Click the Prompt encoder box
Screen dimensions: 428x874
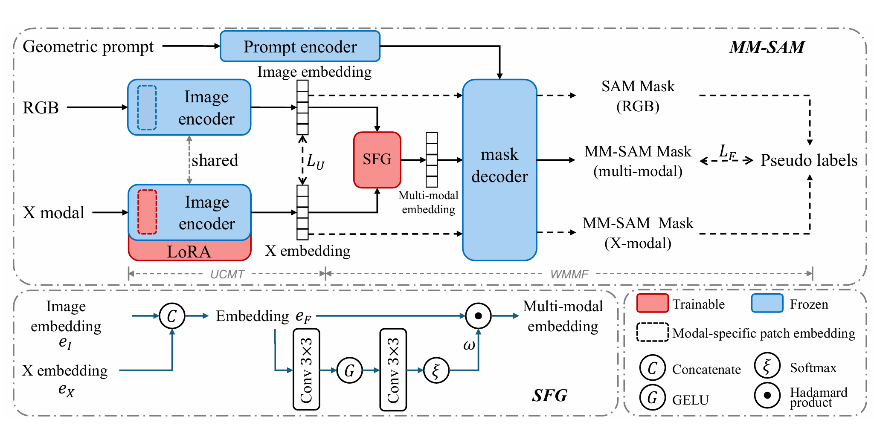point(300,46)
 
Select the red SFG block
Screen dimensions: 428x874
point(377,159)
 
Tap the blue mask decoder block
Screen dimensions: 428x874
point(499,169)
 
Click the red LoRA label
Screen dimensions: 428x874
point(189,252)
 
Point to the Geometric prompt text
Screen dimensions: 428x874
point(88,46)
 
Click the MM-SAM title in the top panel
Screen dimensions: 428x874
point(767,47)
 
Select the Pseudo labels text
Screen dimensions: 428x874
point(809,160)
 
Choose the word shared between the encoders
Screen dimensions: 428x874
point(215,160)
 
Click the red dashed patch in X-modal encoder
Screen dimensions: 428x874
point(147,212)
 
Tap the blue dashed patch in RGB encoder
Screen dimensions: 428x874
point(147,107)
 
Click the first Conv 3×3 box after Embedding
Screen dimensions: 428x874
point(306,369)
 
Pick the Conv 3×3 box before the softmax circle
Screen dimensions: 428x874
point(393,369)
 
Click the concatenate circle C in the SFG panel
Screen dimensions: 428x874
point(172,316)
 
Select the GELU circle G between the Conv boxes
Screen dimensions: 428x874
point(349,370)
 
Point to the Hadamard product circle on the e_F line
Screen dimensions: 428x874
point(478,316)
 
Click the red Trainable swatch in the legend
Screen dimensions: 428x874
point(652,304)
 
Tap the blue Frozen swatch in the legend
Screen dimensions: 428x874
point(767,304)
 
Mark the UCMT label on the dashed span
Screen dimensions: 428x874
point(227,274)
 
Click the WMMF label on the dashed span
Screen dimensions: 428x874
point(569,274)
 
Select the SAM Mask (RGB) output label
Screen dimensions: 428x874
point(638,96)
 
